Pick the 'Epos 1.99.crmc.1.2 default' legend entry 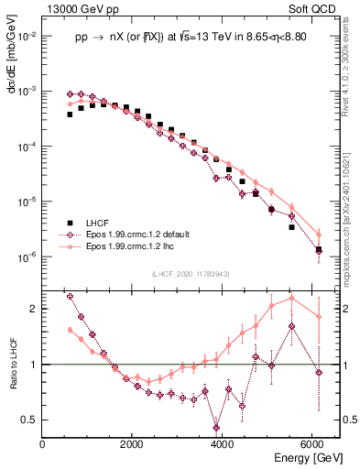click(x=137, y=234)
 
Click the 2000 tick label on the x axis click(x=132, y=444)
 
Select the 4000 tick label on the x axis click(x=222, y=444)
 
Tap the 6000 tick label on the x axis click(x=311, y=444)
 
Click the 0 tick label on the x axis click(x=43, y=444)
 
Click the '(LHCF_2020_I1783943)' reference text click(x=190, y=274)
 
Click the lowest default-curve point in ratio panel click(x=216, y=427)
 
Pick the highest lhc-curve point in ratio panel click(x=291, y=298)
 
